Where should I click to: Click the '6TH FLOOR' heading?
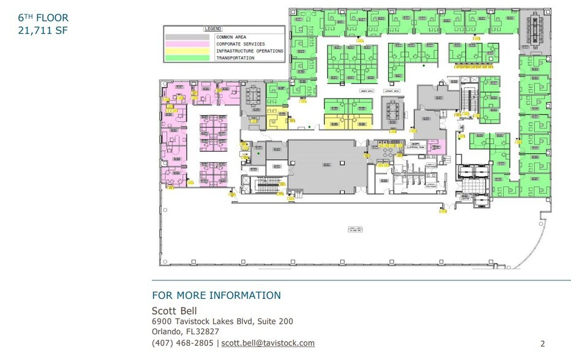point(43,18)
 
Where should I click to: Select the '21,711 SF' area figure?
point(42,31)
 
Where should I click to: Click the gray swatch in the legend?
point(188,37)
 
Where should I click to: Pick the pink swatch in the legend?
point(188,44)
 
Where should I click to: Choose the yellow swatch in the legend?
point(188,51)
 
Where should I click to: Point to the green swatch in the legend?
point(188,58)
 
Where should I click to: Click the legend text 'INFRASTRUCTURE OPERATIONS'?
point(249,51)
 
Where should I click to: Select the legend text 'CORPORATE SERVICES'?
point(241,44)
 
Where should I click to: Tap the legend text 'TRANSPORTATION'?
point(235,58)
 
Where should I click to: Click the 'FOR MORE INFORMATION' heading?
point(216,296)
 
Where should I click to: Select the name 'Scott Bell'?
point(174,310)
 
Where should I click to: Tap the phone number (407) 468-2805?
point(182,343)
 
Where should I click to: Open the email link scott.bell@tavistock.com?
point(268,343)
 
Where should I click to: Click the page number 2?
point(542,343)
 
